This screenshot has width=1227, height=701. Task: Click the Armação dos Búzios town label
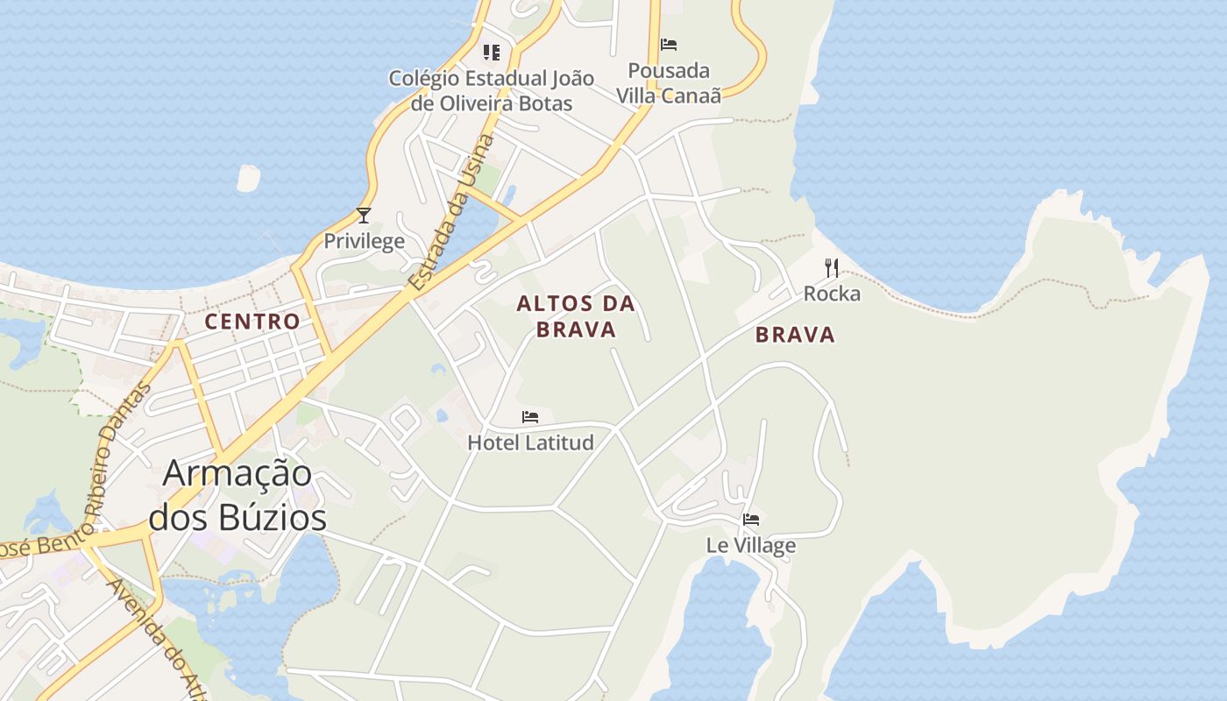click(238, 495)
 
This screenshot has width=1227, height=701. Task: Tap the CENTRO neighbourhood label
click(252, 322)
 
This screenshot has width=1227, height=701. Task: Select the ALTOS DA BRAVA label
click(576, 316)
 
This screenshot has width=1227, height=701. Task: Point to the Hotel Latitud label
click(530, 443)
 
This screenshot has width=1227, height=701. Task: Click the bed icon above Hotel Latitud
click(530, 417)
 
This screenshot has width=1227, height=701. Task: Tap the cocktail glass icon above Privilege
click(364, 215)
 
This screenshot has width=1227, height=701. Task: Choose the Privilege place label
click(365, 241)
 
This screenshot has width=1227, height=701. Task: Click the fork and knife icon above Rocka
click(832, 267)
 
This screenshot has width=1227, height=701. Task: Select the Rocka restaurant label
click(832, 294)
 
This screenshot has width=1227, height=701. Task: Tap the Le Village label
click(751, 545)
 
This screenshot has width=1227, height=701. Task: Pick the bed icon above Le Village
click(751, 519)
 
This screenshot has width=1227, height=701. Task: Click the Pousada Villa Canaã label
click(669, 82)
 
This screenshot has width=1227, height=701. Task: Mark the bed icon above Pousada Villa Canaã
click(669, 44)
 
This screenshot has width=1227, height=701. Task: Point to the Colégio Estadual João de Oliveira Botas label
click(492, 90)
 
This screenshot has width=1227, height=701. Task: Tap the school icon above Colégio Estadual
click(492, 53)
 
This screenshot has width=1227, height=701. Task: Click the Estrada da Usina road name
click(452, 213)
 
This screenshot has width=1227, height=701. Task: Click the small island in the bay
click(248, 178)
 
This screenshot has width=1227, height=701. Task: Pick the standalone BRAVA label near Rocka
click(795, 335)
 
